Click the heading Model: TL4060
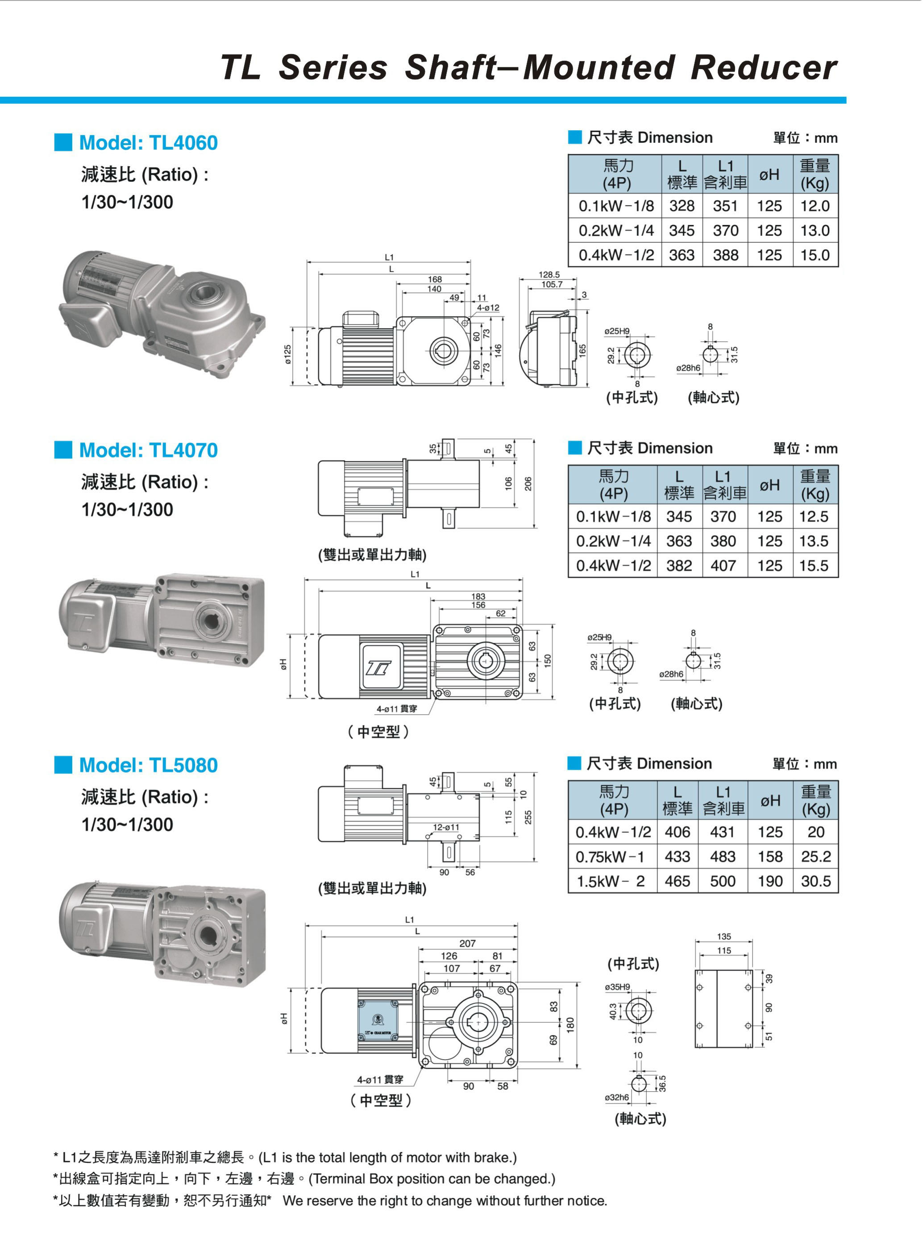(148, 143)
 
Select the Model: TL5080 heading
(148, 765)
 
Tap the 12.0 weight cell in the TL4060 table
(815, 206)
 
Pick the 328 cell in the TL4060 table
(682, 206)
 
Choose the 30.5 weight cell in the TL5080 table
(816, 882)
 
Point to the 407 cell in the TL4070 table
(723, 566)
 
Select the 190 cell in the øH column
(770, 882)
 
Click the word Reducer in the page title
(763, 67)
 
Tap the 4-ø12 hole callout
(488, 308)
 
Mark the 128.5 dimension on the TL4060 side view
(549, 275)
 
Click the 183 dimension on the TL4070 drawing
(478, 597)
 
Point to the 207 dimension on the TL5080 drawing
(468, 944)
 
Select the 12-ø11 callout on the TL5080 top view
(446, 827)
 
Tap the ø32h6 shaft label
(617, 1098)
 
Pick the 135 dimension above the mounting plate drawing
(724, 937)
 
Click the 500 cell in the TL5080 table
(723, 882)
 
